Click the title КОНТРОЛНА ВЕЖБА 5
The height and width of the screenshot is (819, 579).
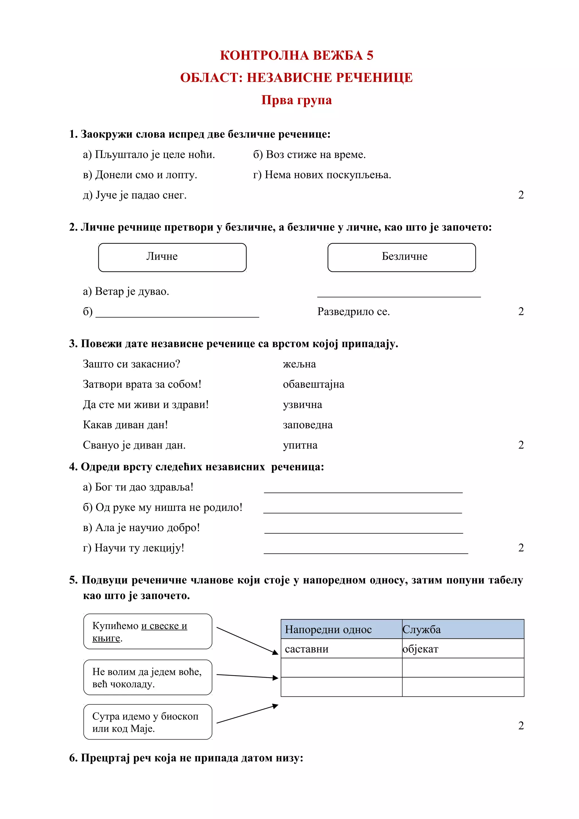click(297, 55)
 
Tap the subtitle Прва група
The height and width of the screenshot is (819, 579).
click(297, 100)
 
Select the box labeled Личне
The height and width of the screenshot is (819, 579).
click(172, 257)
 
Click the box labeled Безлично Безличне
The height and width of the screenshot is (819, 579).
click(401, 257)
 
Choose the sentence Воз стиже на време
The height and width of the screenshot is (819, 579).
click(309, 155)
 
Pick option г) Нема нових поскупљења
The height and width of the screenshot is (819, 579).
click(322, 175)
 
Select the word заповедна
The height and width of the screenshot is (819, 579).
click(308, 424)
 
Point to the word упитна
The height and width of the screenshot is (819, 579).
click(300, 445)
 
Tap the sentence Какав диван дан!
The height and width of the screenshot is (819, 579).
click(125, 424)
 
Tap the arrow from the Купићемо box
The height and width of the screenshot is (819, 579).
click(247, 641)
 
